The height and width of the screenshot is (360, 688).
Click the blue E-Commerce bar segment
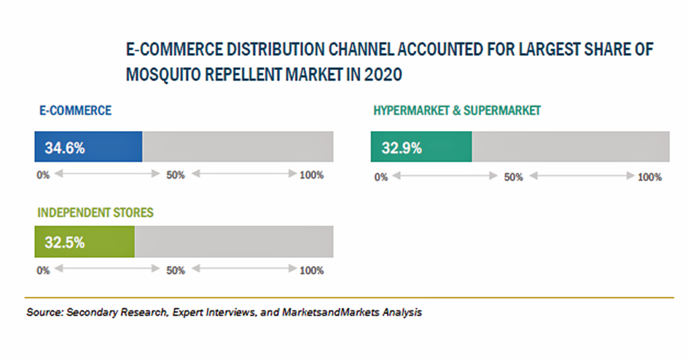(88, 146)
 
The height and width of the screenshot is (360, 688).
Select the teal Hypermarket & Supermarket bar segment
(421, 146)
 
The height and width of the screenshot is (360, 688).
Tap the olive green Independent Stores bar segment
(85, 242)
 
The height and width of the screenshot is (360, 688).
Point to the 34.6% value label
(64, 148)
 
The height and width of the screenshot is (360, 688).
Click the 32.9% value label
(402, 148)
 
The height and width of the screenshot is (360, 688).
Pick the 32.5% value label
(64, 242)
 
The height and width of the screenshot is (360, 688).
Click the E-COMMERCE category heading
(75, 111)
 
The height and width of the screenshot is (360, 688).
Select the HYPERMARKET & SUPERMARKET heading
(457, 111)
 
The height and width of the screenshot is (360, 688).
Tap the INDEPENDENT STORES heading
(95, 213)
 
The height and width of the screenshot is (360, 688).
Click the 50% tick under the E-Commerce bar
(175, 175)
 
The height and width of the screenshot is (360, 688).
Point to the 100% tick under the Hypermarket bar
(650, 177)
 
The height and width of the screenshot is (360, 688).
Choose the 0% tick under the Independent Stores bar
(43, 271)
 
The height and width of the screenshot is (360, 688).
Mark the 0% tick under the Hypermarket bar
(381, 177)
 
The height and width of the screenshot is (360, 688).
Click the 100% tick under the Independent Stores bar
(312, 271)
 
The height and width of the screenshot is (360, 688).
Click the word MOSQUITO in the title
(163, 75)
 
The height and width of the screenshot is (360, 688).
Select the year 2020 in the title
(382, 75)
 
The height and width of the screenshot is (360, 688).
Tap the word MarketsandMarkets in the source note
(331, 312)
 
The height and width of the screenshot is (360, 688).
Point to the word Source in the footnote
(45, 312)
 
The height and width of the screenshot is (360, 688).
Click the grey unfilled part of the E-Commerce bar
(238, 146)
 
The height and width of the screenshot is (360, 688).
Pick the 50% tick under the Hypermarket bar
(513, 177)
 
